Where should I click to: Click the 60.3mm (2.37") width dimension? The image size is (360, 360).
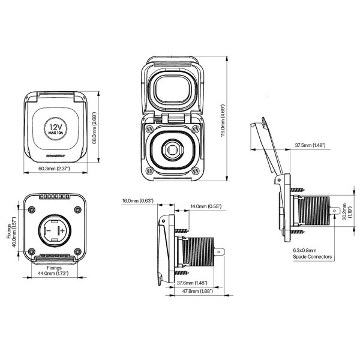[53, 169]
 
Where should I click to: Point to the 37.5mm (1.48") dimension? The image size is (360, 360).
[310, 145]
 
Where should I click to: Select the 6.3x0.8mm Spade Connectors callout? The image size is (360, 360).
[312, 254]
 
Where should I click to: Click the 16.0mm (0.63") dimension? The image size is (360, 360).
[137, 200]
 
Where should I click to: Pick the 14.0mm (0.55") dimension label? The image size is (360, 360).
[205, 206]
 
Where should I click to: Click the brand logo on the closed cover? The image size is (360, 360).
[55, 157]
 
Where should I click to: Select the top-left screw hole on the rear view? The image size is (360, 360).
[31, 209]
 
